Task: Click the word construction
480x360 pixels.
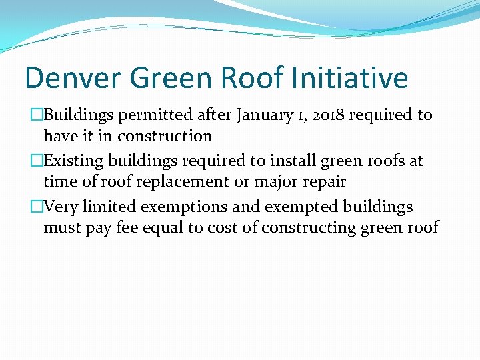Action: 165,136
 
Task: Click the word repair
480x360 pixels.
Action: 321,182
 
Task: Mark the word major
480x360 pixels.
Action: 275,182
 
